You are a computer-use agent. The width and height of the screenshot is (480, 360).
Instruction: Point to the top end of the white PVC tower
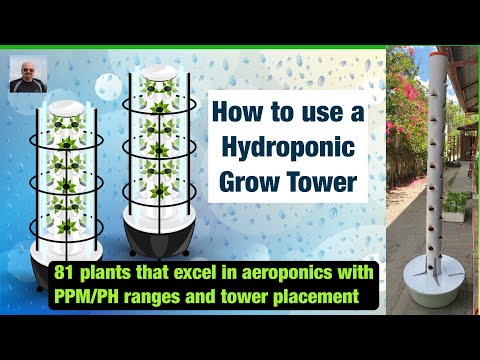[436, 59]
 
